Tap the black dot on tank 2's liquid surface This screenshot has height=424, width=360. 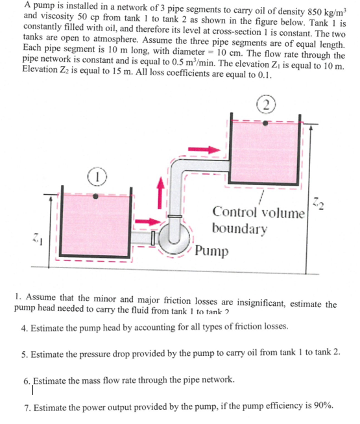pyautogui.click(x=266, y=121)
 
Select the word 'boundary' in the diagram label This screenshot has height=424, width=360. pyautogui.click(x=239, y=228)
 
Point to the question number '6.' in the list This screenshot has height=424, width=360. pyautogui.click(x=26, y=379)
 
